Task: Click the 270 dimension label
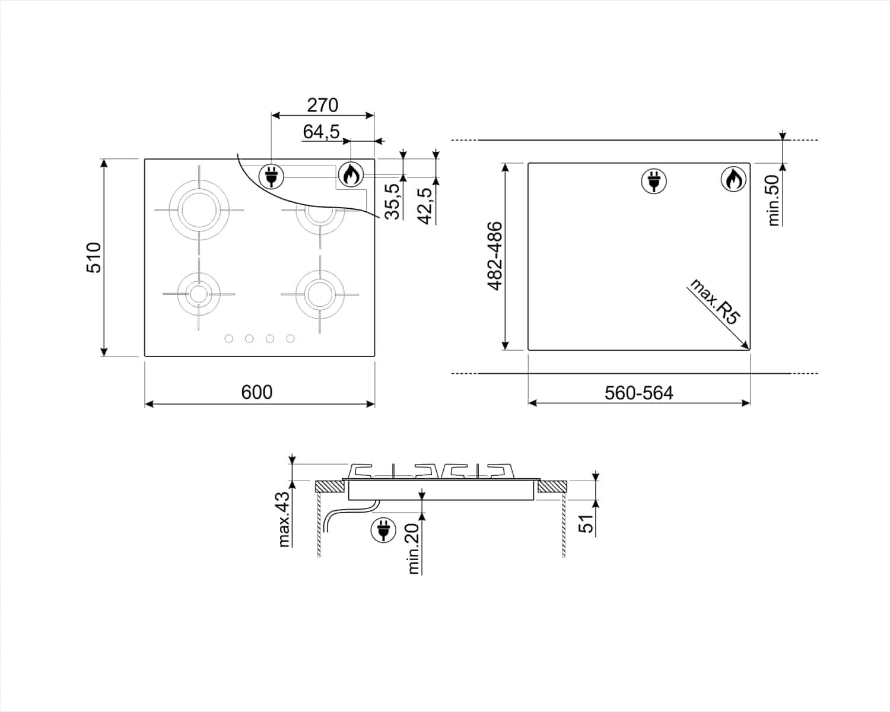pos(323,105)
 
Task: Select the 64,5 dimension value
pos(322,132)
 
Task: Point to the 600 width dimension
pos(257,392)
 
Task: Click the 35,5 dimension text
pos(392,202)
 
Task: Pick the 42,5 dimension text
pos(425,206)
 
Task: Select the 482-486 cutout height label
pos(495,256)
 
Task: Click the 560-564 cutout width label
pos(639,393)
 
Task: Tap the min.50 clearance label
pos(773,201)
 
